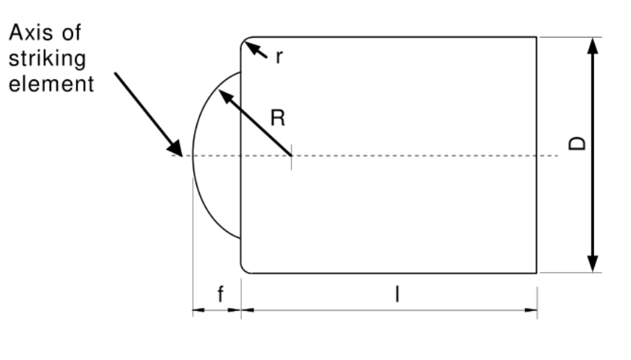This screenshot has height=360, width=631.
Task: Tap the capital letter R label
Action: tap(277, 119)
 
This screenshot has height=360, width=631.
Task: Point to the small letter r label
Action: tap(278, 57)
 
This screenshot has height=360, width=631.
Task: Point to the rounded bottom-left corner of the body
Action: tap(244, 270)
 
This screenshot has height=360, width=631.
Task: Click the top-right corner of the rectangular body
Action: tap(536, 37)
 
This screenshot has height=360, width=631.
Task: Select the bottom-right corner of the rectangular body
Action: tap(536, 273)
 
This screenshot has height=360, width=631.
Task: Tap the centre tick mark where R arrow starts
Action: tap(291, 155)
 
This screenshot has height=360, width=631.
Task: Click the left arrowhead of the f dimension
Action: tap(197, 311)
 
